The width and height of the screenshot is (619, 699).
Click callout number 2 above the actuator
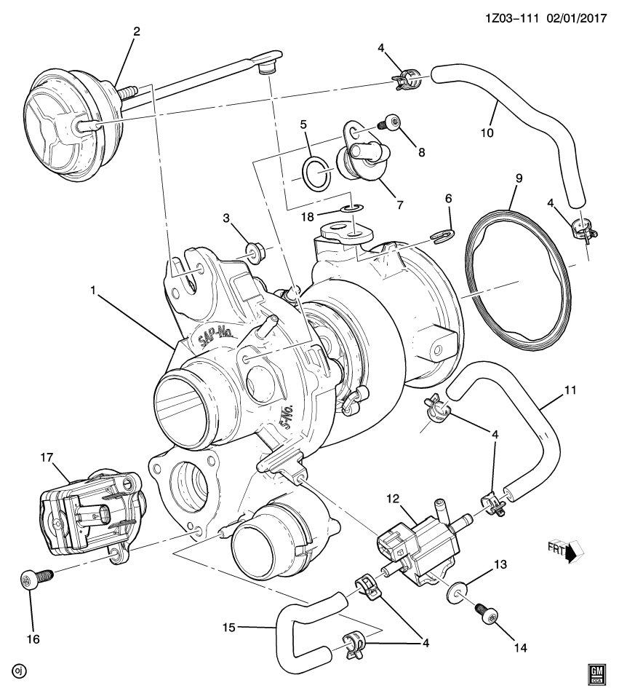point(136,31)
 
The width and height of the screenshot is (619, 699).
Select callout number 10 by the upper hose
point(487,133)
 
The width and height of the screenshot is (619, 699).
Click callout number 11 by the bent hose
point(570,391)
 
